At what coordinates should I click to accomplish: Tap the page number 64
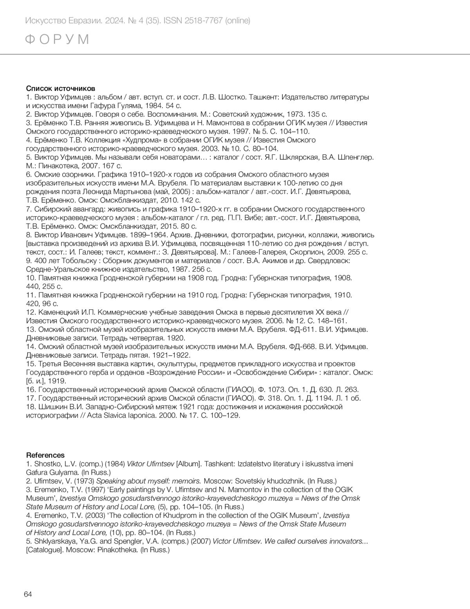[28, 594]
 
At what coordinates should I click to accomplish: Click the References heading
[45, 455]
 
